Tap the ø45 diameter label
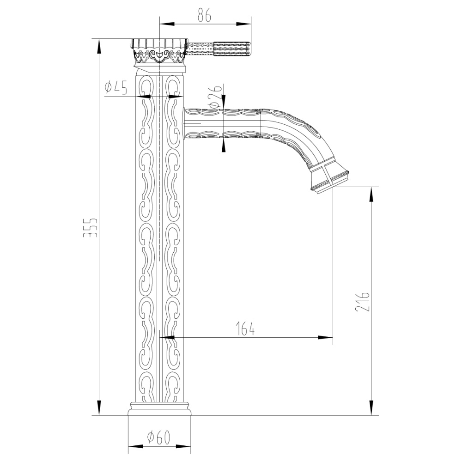point(116,87)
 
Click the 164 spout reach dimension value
point(245,328)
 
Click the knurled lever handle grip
point(232,48)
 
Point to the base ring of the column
point(159,408)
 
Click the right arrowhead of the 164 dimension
point(328,337)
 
